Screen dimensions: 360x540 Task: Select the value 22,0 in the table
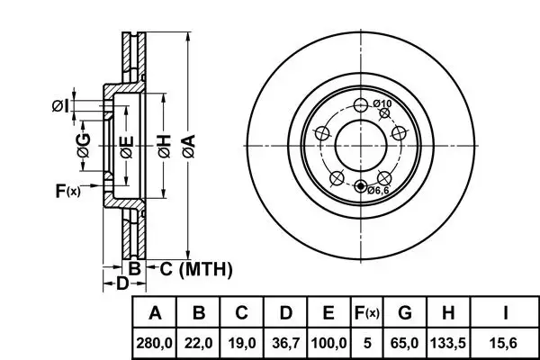(200, 343)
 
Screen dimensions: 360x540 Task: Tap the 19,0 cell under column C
(242, 343)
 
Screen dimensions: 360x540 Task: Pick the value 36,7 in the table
(285, 343)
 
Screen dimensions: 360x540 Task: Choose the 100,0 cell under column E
(328, 343)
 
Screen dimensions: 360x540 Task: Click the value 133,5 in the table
(449, 343)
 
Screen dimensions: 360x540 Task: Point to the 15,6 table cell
(506, 343)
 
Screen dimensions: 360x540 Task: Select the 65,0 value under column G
(405, 343)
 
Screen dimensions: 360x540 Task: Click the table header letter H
(449, 314)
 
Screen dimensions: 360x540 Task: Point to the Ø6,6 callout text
(377, 189)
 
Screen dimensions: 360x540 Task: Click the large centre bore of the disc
(360, 145)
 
